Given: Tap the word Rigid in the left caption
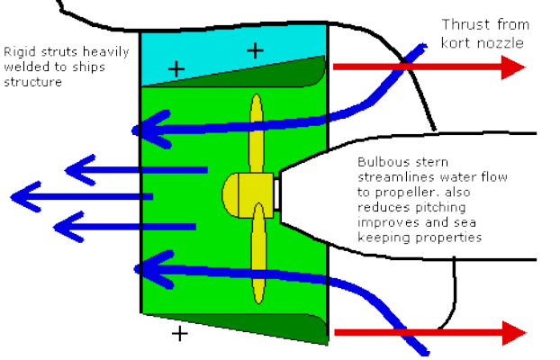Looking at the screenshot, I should click(19, 51).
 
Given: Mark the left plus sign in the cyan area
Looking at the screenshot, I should click(176, 67).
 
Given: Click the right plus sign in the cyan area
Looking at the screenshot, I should click(256, 50).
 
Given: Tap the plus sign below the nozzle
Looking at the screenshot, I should click(180, 335).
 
